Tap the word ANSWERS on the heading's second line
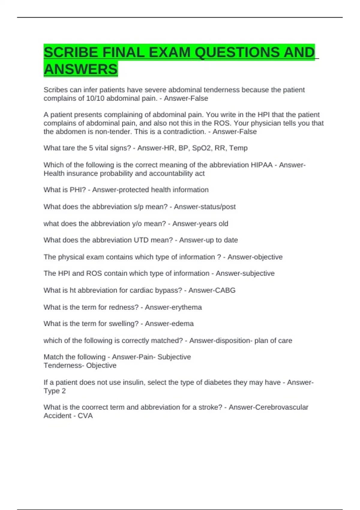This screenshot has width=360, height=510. pyautogui.click(x=80, y=69)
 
